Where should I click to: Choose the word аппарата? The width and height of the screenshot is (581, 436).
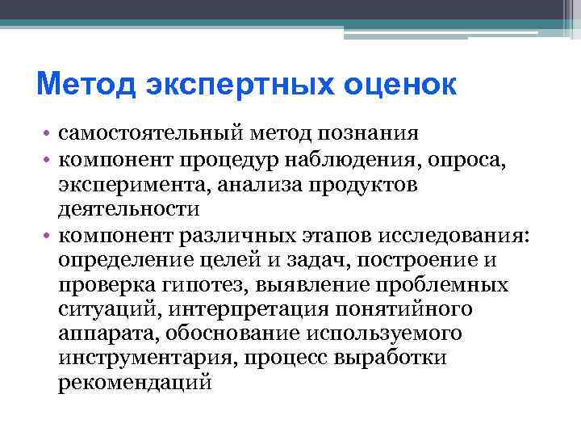97,337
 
